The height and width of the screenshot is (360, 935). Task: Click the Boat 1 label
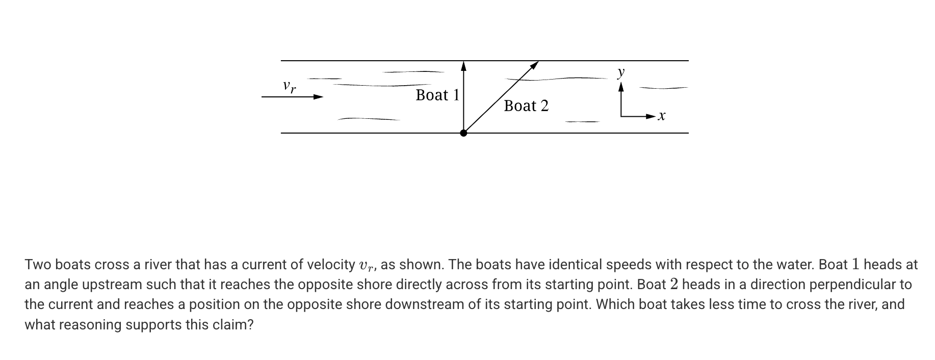point(437,95)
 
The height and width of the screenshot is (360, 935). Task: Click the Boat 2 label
point(526,106)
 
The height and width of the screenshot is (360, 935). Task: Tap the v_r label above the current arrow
point(289,86)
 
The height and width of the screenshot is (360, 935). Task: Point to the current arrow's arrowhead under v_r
point(318,97)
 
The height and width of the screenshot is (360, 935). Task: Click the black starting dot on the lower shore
point(463,133)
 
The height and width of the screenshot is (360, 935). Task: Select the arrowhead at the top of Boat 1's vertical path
point(463,66)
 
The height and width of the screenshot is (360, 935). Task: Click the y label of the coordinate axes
point(620,72)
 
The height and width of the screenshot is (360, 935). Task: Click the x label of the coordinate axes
point(661,116)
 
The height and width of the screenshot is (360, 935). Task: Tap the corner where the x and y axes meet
point(621,116)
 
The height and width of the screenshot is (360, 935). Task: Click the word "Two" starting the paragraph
point(38,265)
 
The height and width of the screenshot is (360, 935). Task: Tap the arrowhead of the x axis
point(650,117)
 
